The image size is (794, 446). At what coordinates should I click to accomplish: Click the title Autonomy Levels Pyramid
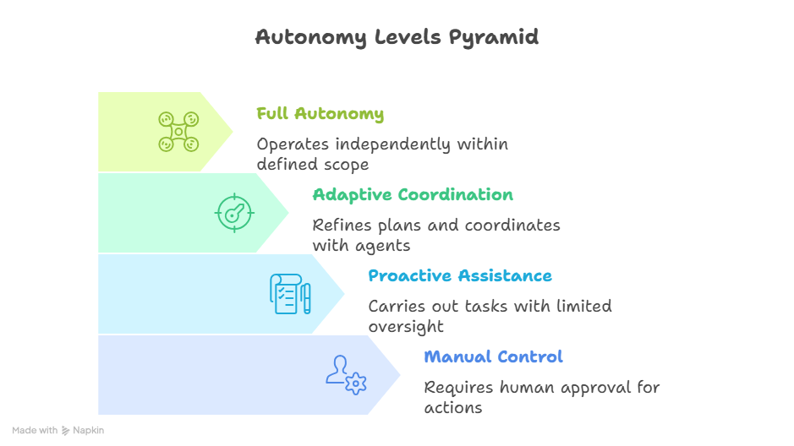pos(397,38)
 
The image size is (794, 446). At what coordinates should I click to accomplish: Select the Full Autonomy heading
pos(320,114)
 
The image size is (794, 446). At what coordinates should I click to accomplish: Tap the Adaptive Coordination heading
pos(413,195)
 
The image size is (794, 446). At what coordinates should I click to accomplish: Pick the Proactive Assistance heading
pos(460,276)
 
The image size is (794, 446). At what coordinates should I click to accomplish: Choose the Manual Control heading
pos(493,356)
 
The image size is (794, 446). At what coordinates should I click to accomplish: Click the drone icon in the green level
pos(178,132)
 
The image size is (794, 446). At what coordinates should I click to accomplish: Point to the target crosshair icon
pos(234,212)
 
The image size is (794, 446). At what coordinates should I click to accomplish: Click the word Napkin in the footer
pos(88,430)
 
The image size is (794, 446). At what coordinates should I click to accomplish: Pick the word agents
pos(382,246)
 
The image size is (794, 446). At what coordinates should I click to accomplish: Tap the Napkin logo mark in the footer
pos(66,430)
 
